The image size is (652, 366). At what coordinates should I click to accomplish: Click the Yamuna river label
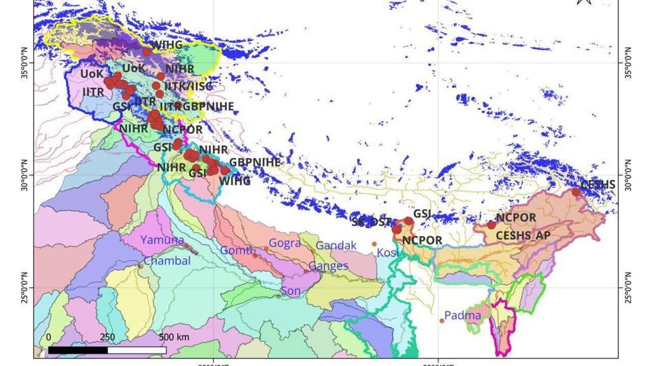tap(163, 240)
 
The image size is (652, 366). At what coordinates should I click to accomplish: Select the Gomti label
tap(237, 251)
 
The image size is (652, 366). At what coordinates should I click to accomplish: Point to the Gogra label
tap(285, 244)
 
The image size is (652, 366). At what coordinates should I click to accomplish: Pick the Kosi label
tap(388, 253)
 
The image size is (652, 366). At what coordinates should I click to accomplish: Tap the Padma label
tap(463, 316)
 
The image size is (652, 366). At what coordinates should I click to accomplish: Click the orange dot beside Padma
tap(442, 321)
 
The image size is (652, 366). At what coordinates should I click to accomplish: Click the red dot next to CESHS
tap(576, 192)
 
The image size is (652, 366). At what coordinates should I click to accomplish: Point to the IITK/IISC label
tap(188, 87)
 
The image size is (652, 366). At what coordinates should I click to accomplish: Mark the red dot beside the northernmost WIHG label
tap(146, 52)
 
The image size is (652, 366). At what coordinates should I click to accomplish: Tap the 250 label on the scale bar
tap(107, 337)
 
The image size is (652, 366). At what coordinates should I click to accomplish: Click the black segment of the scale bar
tap(77, 350)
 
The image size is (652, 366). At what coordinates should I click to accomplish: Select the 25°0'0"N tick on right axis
tap(627, 288)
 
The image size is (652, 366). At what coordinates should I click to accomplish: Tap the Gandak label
tap(336, 245)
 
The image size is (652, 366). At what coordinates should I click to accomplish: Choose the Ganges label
tap(329, 266)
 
